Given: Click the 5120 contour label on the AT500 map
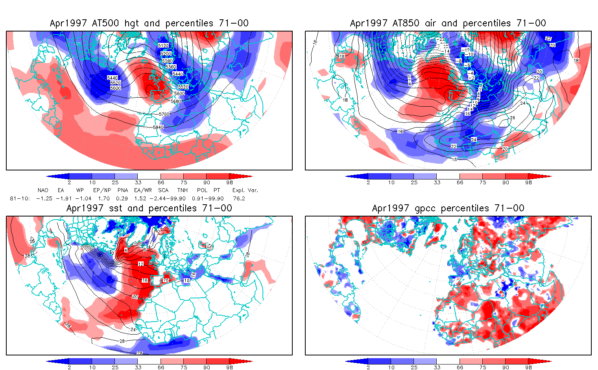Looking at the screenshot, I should pyautogui.click(x=163, y=46).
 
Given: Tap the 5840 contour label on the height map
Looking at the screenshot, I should pyautogui.click(x=158, y=127).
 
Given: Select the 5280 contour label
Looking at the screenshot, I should pyautogui.click(x=168, y=61).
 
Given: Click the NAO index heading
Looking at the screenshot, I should pyautogui.click(x=43, y=190).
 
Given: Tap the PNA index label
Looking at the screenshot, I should pyautogui.click(x=123, y=190).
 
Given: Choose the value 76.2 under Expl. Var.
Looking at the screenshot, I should pyautogui.click(x=239, y=198).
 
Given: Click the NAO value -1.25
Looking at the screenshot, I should pyautogui.click(x=44, y=198).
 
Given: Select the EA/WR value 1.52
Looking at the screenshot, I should pyautogui.click(x=140, y=198).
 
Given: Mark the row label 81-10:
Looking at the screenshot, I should pyautogui.click(x=20, y=198).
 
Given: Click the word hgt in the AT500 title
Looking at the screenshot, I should pyautogui.click(x=131, y=23).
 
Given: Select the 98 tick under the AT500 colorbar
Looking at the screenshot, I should pyautogui.click(x=230, y=183).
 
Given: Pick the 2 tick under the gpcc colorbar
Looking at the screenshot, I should pyautogui.click(x=368, y=367).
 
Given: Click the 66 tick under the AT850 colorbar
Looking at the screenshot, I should pyautogui.click(x=460, y=183).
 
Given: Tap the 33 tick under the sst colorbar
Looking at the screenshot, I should pyautogui.click(x=138, y=367).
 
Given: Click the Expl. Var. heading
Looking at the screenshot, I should pyautogui.click(x=245, y=190).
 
